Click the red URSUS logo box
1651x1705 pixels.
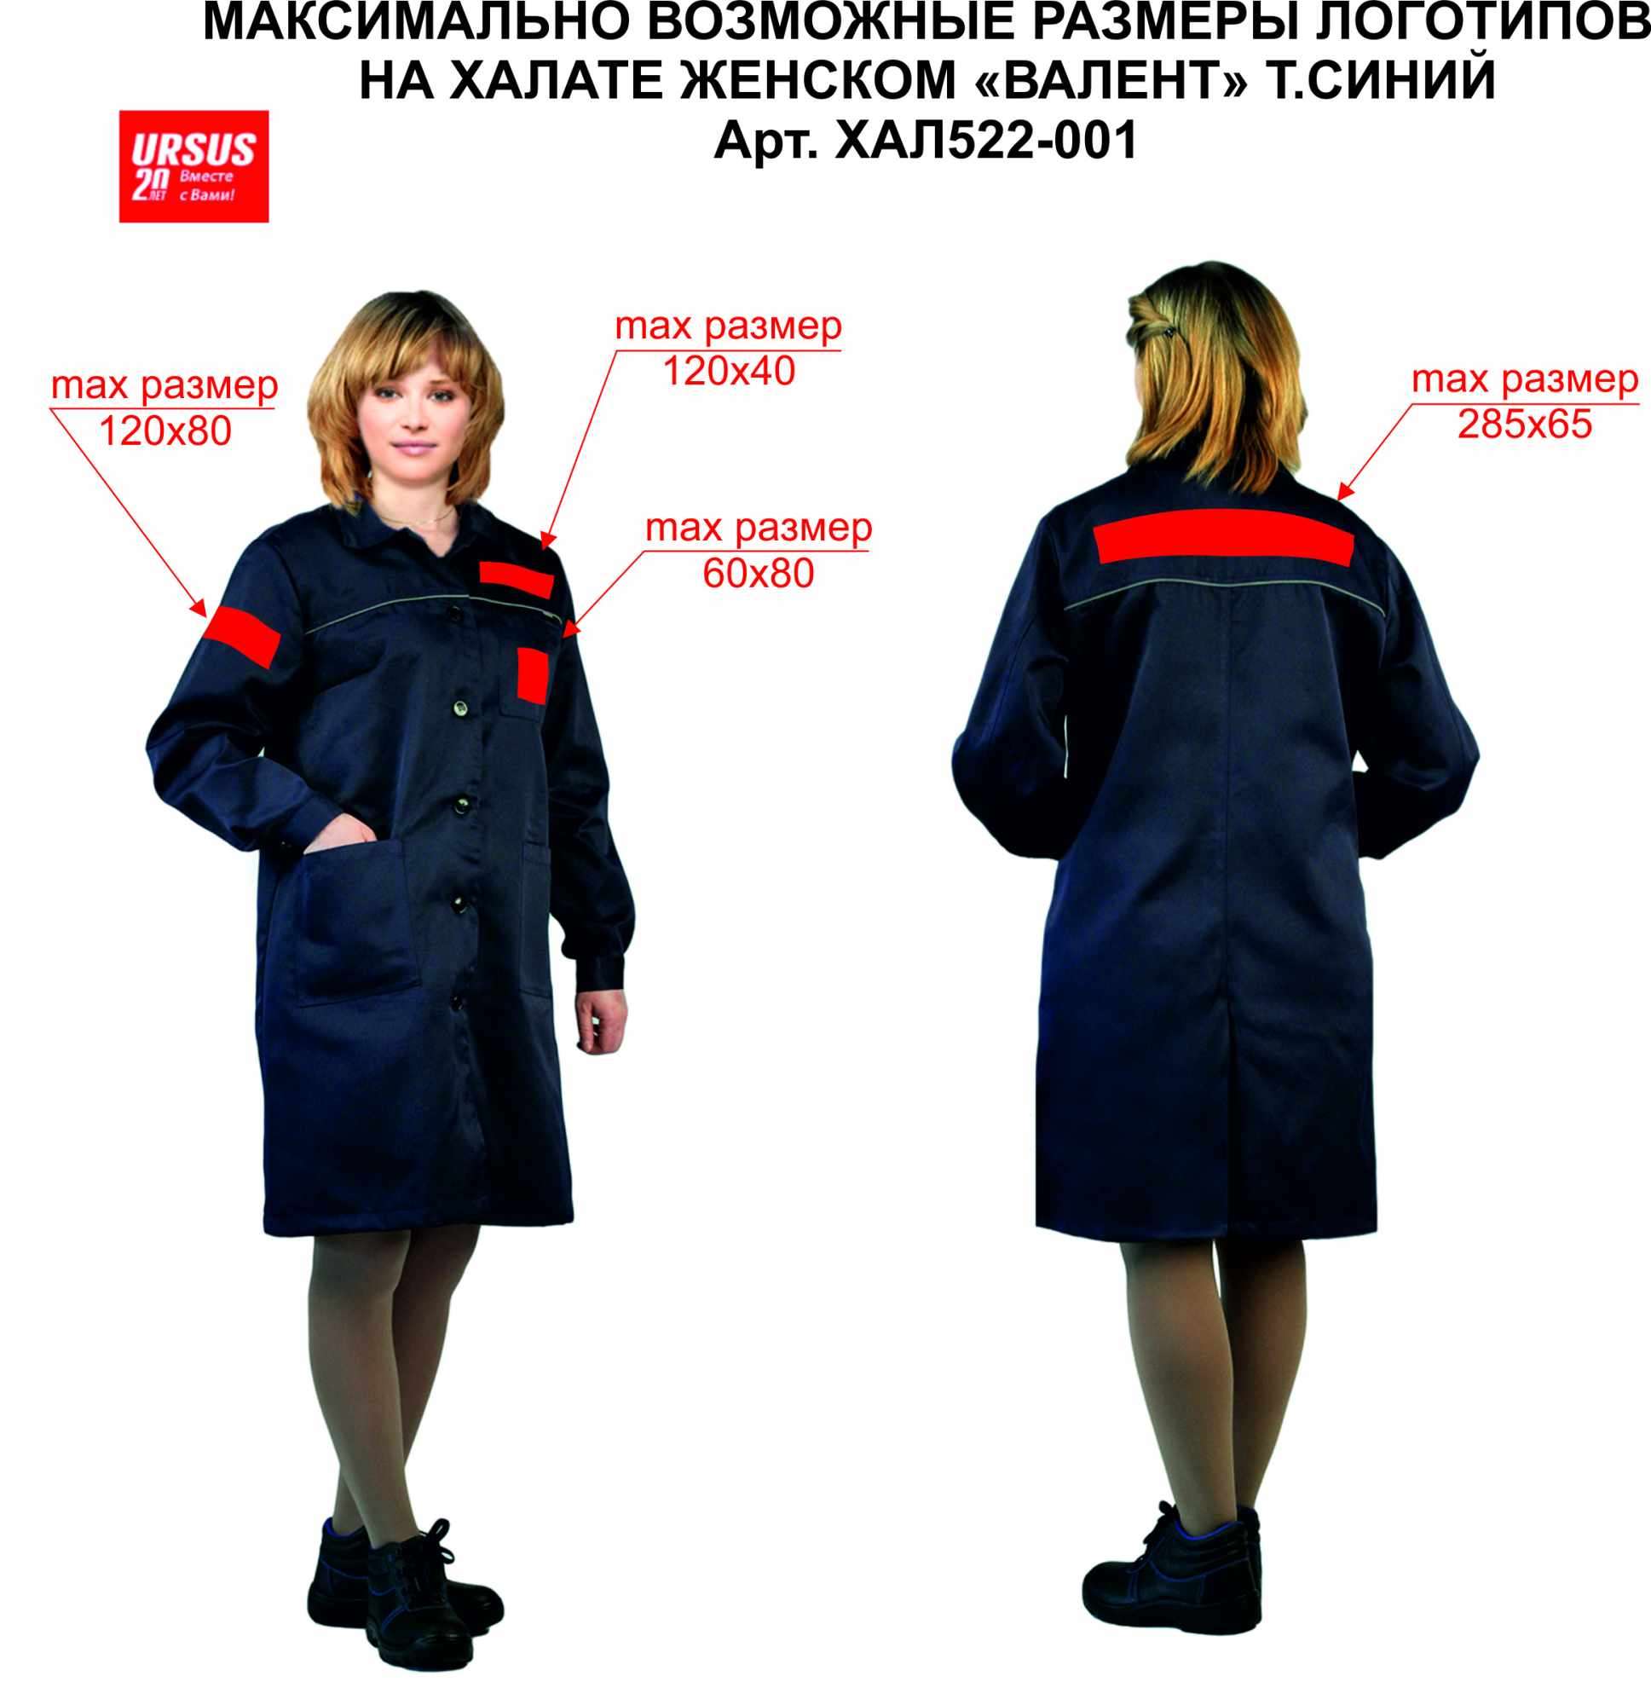(x=193, y=166)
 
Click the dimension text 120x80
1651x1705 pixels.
(x=166, y=431)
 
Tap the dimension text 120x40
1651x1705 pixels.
(x=729, y=372)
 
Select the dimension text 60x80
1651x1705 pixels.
(x=759, y=573)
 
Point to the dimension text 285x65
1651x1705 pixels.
(x=1525, y=424)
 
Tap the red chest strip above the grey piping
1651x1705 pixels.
(x=517, y=579)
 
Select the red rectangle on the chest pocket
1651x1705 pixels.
(x=532, y=674)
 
